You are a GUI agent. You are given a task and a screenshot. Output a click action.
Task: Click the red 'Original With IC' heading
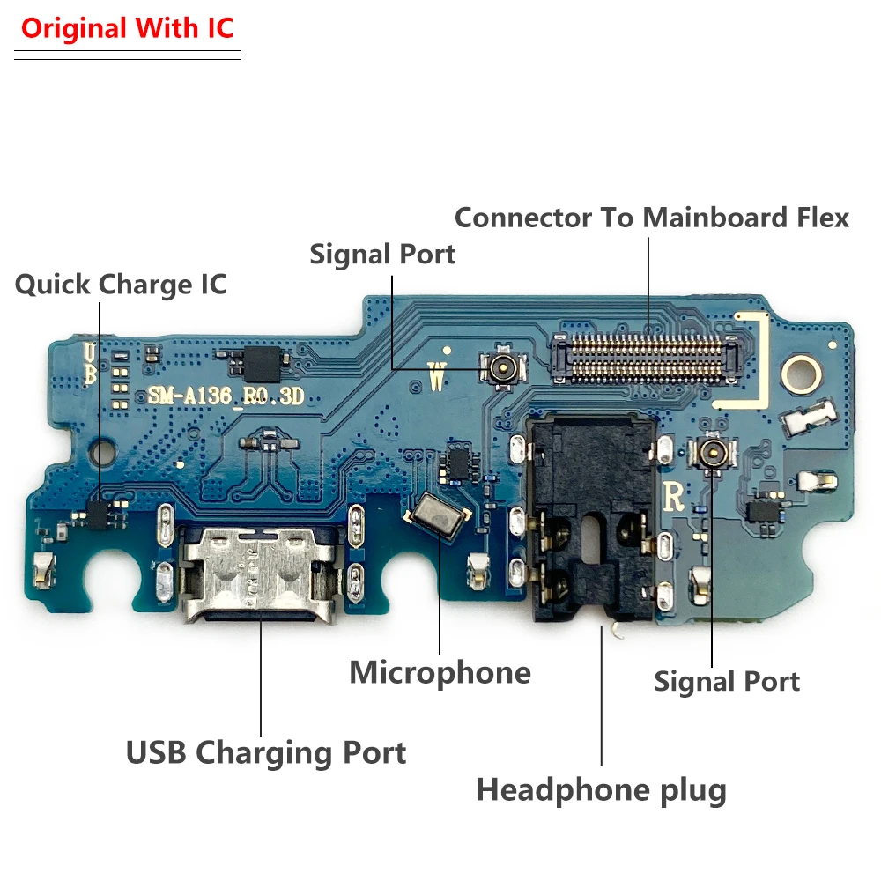coord(127,28)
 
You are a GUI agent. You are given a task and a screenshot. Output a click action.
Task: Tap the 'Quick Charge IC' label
coord(121,285)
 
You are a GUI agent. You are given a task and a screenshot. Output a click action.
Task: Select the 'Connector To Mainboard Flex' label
coord(652,218)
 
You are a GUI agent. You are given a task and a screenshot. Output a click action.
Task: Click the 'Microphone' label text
coord(440,673)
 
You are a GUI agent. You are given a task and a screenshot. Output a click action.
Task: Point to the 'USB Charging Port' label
coord(266,753)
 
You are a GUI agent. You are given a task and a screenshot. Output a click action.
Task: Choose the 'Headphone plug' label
coord(602,789)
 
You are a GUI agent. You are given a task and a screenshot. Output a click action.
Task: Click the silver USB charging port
coord(260,574)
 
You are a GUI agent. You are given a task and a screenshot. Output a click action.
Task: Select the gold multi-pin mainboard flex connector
coord(644,359)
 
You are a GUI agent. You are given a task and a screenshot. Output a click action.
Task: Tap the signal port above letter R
coord(710,452)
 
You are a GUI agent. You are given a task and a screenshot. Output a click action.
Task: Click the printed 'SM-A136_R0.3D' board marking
coord(226,397)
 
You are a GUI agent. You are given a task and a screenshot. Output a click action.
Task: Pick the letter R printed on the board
coord(673,497)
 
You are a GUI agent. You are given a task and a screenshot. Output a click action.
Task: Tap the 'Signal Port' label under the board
coord(727,681)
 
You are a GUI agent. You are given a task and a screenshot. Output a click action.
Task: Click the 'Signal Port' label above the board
coord(382,255)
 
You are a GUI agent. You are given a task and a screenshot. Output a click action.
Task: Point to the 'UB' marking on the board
coord(90,364)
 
